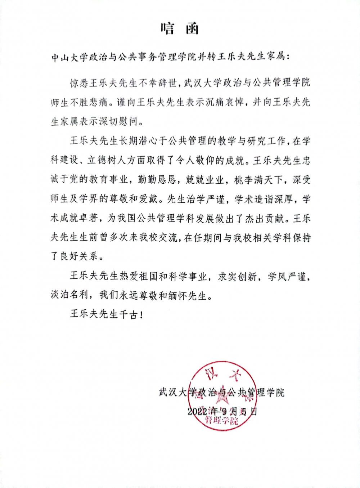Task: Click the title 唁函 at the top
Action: [180, 28]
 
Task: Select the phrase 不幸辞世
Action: [158, 83]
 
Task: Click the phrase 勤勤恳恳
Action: [157, 179]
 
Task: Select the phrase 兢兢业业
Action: [205, 179]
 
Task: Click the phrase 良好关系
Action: [79, 256]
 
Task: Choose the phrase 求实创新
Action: [238, 277]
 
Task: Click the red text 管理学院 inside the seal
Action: [221, 420]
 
